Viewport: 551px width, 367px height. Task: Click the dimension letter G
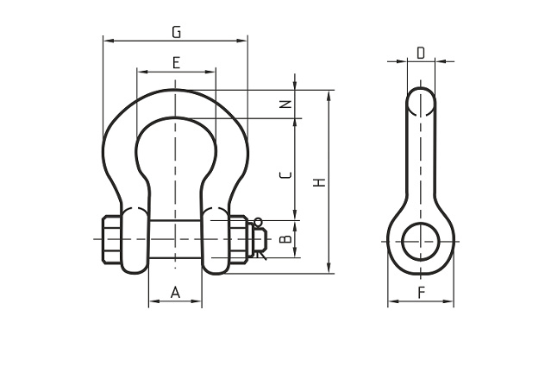pyautogui.click(x=177, y=32)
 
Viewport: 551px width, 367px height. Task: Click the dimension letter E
pyautogui.click(x=177, y=63)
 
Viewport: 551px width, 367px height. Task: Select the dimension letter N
pyautogui.click(x=287, y=104)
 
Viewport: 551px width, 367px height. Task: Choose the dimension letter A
pyautogui.click(x=175, y=293)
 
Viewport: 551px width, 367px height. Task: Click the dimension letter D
pyautogui.click(x=421, y=54)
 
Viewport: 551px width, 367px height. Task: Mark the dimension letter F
pyautogui.click(x=422, y=293)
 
